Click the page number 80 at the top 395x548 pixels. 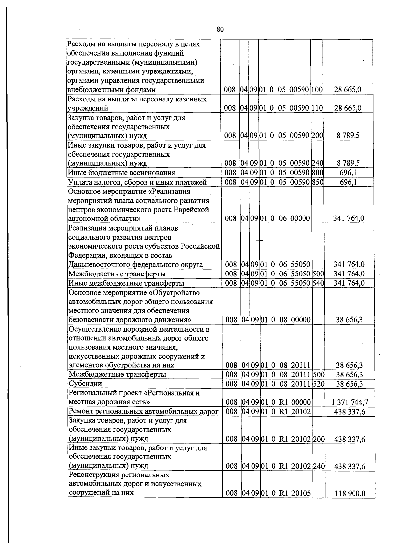pos(220,29)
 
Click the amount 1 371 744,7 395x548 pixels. pos(350,402)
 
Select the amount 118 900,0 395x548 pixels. pos(350,493)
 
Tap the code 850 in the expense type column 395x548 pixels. pos(317,182)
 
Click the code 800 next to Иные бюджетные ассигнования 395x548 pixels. pos(317,173)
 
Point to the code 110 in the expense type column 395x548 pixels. pos(317,108)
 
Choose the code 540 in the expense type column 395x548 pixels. pos(318,283)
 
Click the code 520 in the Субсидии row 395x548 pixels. pos(318,384)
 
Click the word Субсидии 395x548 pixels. pos(85,384)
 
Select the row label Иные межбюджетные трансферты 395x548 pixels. pos(126,283)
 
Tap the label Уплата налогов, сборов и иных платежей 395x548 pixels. pos(137,182)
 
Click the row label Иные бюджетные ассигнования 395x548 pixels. pos(121,173)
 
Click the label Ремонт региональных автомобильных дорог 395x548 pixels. pos(144,411)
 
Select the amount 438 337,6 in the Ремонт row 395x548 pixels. pos(350,412)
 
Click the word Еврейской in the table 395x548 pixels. pos(194,210)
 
